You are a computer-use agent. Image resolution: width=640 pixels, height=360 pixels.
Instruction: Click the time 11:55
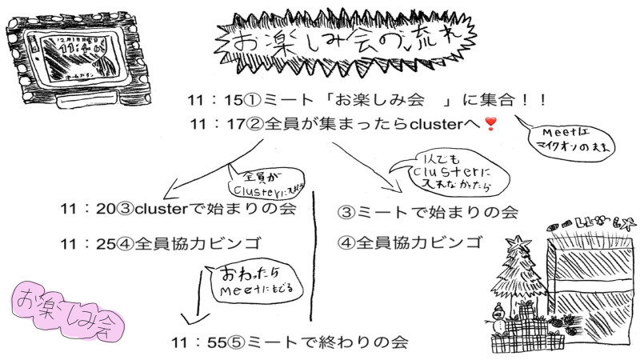pyautogui.click(x=197, y=342)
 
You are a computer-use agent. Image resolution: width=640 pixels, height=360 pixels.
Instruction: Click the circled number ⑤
pyautogui.click(x=237, y=342)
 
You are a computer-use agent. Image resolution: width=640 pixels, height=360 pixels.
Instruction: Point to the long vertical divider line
pyautogui.click(x=313, y=256)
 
